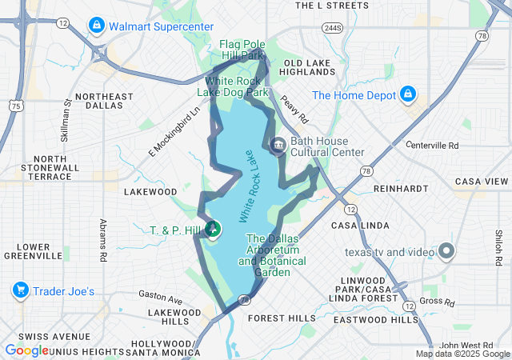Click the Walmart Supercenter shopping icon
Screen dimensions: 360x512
pos(97,26)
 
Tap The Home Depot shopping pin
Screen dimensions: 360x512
pos(407,94)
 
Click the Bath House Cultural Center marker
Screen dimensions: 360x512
pos(278,146)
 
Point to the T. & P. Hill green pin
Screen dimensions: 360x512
pos(214,230)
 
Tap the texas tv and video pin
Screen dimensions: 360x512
pos(446,252)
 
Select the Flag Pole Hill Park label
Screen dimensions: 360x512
pos(242,50)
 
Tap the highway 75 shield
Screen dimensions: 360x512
pos(16,105)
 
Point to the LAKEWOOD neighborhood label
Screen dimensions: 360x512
pos(150,192)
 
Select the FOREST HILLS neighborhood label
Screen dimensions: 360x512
pos(282,318)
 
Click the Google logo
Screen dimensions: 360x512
pos(26,350)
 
